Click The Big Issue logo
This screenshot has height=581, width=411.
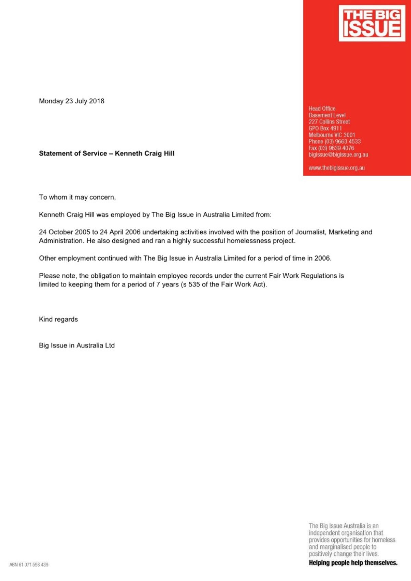click(372, 23)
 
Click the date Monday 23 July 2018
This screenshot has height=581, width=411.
click(72, 101)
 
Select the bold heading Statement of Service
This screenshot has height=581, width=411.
click(73, 153)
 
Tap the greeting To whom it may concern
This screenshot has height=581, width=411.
click(77, 197)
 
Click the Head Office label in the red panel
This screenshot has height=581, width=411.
click(322, 109)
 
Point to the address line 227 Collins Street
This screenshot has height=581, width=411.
click(329, 122)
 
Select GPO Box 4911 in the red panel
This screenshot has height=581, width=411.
click(325, 128)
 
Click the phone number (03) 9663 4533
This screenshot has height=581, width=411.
click(342, 141)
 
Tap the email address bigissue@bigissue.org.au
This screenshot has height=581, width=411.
click(338, 154)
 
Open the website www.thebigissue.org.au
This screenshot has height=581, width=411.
click(337, 168)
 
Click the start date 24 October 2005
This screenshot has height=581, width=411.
click(64, 232)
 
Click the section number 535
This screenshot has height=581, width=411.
click(194, 285)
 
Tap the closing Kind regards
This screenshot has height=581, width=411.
click(59, 319)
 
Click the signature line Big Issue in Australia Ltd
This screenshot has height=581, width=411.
click(77, 345)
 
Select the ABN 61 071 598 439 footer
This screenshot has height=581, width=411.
click(29, 565)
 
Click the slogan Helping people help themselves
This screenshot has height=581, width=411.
click(353, 563)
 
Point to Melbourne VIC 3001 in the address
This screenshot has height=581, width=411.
click(332, 135)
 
